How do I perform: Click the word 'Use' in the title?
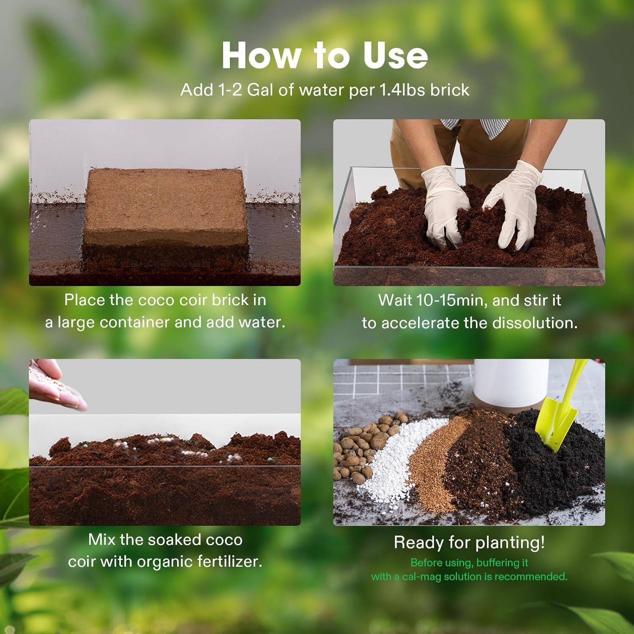(x=395, y=56)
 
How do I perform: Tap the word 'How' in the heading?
(x=262, y=56)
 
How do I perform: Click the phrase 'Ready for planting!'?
(x=469, y=542)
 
